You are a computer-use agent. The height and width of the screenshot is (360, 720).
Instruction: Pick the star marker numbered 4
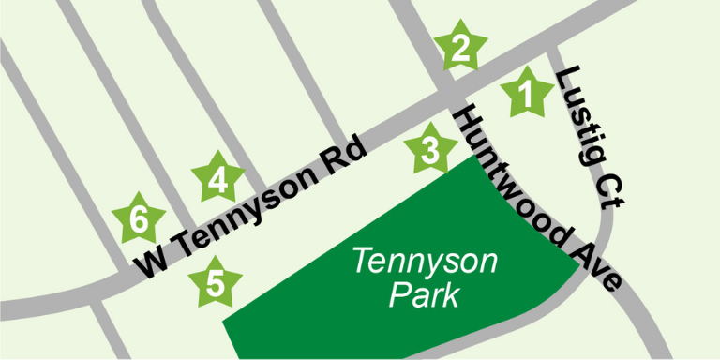(x=217, y=178)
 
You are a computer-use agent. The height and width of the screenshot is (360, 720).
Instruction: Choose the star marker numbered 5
(x=215, y=283)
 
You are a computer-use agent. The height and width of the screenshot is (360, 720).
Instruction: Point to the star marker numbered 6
(x=138, y=221)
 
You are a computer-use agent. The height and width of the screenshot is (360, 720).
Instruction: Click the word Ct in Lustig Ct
(x=614, y=187)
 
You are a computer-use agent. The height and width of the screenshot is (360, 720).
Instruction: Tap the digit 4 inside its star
(x=217, y=179)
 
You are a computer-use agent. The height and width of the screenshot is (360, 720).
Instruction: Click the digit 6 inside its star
(x=138, y=222)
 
